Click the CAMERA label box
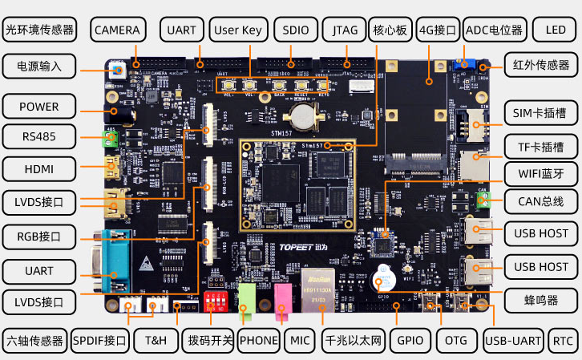pyautogui.click(x=117, y=30)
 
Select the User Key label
pyautogui.click(x=238, y=30)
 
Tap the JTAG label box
pyautogui.click(x=346, y=30)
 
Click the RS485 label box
pyautogui.click(x=38, y=136)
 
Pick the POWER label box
pyautogui.click(x=38, y=107)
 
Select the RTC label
pyautogui.click(x=563, y=340)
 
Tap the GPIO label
pyautogui.click(x=410, y=340)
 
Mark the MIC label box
pyautogui.click(x=300, y=340)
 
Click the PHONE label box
pyautogui.click(x=258, y=340)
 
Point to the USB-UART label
pyautogui.click(x=514, y=340)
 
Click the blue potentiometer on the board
pyautogui.click(x=463, y=63)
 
